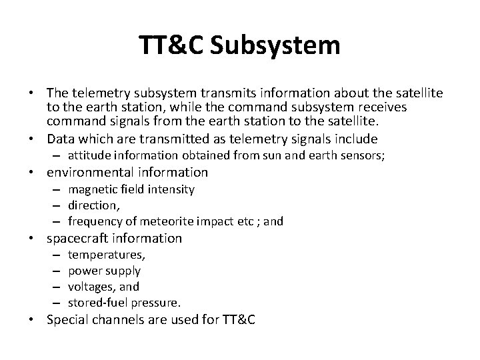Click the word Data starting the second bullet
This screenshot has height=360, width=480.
click(59, 139)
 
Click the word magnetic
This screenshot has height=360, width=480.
click(92, 189)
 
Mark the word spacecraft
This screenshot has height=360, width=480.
click(76, 238)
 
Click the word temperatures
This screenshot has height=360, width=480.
click(107, 255)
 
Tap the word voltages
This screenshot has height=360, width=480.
click(91, 287)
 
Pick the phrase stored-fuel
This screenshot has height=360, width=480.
click(97, 303)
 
